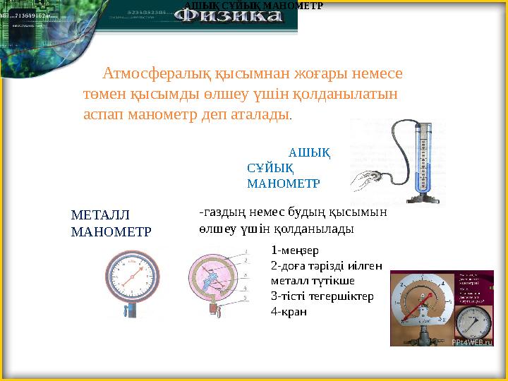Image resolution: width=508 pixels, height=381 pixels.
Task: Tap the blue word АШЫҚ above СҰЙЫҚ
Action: (x=310, y=152)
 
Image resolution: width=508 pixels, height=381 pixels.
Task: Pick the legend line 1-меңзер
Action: (x=295, y=250)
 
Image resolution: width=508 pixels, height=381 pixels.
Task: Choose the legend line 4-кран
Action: (x=289, y=311)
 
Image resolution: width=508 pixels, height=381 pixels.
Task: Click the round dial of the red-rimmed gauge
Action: (x=131, y=277)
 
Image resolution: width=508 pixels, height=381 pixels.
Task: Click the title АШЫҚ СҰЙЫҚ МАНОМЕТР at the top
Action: (x=253, y=6)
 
